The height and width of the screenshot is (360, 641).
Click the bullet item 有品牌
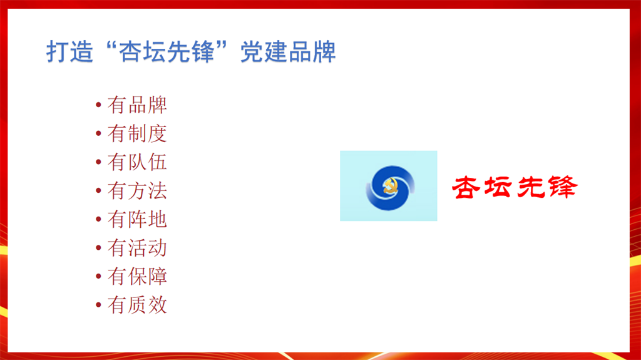137,105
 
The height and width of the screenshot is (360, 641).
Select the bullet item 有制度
137,134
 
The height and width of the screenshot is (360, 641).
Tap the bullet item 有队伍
137,162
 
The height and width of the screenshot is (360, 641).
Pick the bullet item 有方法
137,191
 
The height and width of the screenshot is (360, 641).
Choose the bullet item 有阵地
137,220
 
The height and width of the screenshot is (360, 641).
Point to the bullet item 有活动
137,249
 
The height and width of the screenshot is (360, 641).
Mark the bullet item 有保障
137,277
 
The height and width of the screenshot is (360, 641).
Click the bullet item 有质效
137,305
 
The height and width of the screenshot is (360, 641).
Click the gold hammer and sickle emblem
390,187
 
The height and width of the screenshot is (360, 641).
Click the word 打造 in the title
70,52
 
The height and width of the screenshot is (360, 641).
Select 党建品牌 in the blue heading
288,52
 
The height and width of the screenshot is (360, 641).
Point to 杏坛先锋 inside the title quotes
167,52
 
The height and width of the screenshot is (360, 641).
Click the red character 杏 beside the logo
466,188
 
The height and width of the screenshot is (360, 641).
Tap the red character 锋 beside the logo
563,187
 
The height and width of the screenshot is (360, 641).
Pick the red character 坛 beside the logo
498,188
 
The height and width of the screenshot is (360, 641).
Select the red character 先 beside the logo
531,188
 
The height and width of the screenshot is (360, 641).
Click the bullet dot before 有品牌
98,105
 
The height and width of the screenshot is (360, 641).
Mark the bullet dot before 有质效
98,305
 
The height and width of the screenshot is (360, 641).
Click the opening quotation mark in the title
110,46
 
